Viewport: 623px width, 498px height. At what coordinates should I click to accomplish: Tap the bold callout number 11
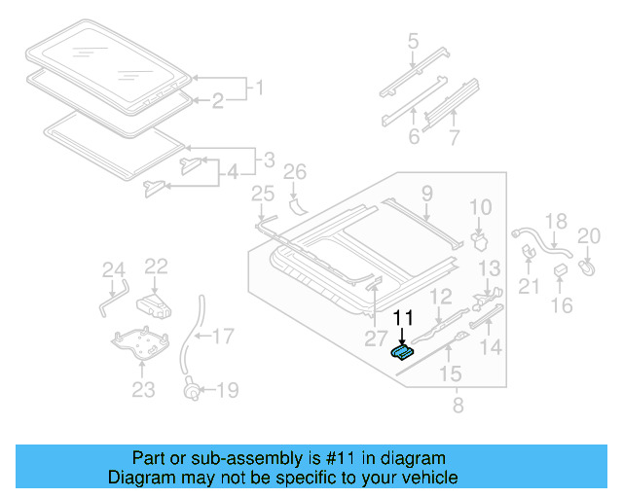point(403,317)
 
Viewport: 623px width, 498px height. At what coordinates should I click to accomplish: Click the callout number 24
point(115,271)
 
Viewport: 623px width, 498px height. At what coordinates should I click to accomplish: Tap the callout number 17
point(223,338)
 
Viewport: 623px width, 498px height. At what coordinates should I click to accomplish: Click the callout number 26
point(294,173)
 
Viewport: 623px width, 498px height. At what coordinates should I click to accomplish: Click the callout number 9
point(426,196)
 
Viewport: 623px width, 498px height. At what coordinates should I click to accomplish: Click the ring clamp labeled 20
point(588,263)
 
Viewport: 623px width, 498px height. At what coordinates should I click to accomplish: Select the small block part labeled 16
point(561,269)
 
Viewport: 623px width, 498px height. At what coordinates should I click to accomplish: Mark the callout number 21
point(529,285)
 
